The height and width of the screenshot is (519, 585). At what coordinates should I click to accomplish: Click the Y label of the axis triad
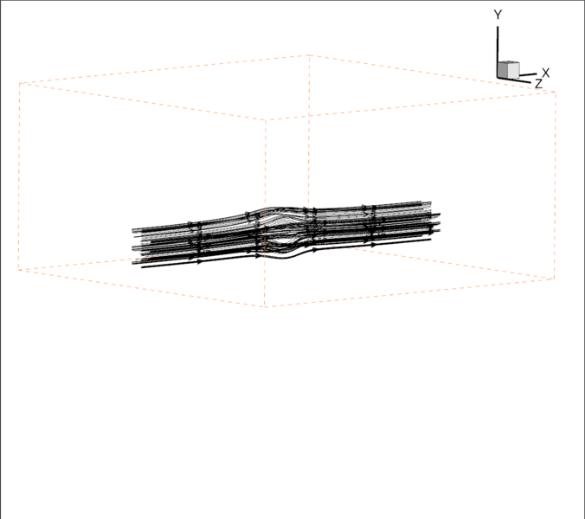click(498, 15)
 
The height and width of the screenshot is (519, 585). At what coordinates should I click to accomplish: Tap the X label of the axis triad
click(545, 73)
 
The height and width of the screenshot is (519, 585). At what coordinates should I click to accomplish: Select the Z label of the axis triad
click(538, 84)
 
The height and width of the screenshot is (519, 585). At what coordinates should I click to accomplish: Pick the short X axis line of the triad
click(529, 75)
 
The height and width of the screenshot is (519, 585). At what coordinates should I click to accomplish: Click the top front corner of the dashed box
click(266, 119)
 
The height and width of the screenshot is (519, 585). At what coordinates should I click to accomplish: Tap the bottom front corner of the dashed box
click(265, 306)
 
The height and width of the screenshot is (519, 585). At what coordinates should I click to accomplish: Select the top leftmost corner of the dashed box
click(19, 84)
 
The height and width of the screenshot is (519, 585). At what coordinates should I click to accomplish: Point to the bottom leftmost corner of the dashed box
click(19, 270)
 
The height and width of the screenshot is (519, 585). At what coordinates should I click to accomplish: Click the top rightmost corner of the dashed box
click(555, 93)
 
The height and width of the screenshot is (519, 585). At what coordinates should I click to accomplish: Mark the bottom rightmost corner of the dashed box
click(555, 279)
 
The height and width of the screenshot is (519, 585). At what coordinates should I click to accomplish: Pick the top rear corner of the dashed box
click(310, 55)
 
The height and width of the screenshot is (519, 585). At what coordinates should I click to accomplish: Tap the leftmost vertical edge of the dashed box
click(19, 173)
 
